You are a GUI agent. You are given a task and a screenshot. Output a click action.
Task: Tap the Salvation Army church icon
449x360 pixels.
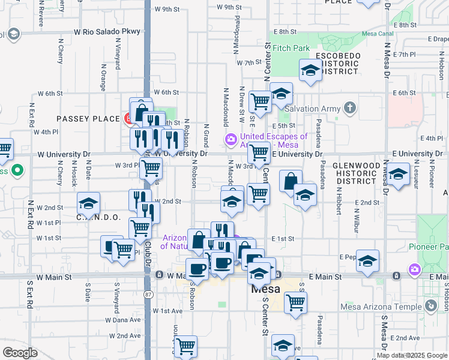point(351,109)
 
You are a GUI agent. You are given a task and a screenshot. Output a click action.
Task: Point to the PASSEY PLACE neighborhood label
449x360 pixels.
point(88,119)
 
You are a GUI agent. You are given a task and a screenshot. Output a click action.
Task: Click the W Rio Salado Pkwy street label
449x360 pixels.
point(107,31)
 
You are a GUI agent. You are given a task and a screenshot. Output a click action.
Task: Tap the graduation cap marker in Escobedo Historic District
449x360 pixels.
point(310,71)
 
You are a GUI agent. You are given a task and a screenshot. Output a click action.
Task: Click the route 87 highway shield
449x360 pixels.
point(148,294)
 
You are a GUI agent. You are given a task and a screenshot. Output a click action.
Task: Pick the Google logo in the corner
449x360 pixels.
point(20,352)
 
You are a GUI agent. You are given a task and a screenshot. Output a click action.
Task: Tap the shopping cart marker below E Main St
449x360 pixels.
point(295,302)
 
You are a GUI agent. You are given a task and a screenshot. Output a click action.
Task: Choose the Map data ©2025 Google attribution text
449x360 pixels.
point(412,355)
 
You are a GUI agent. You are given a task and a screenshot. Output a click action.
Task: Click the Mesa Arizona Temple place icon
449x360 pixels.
point(430,307)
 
